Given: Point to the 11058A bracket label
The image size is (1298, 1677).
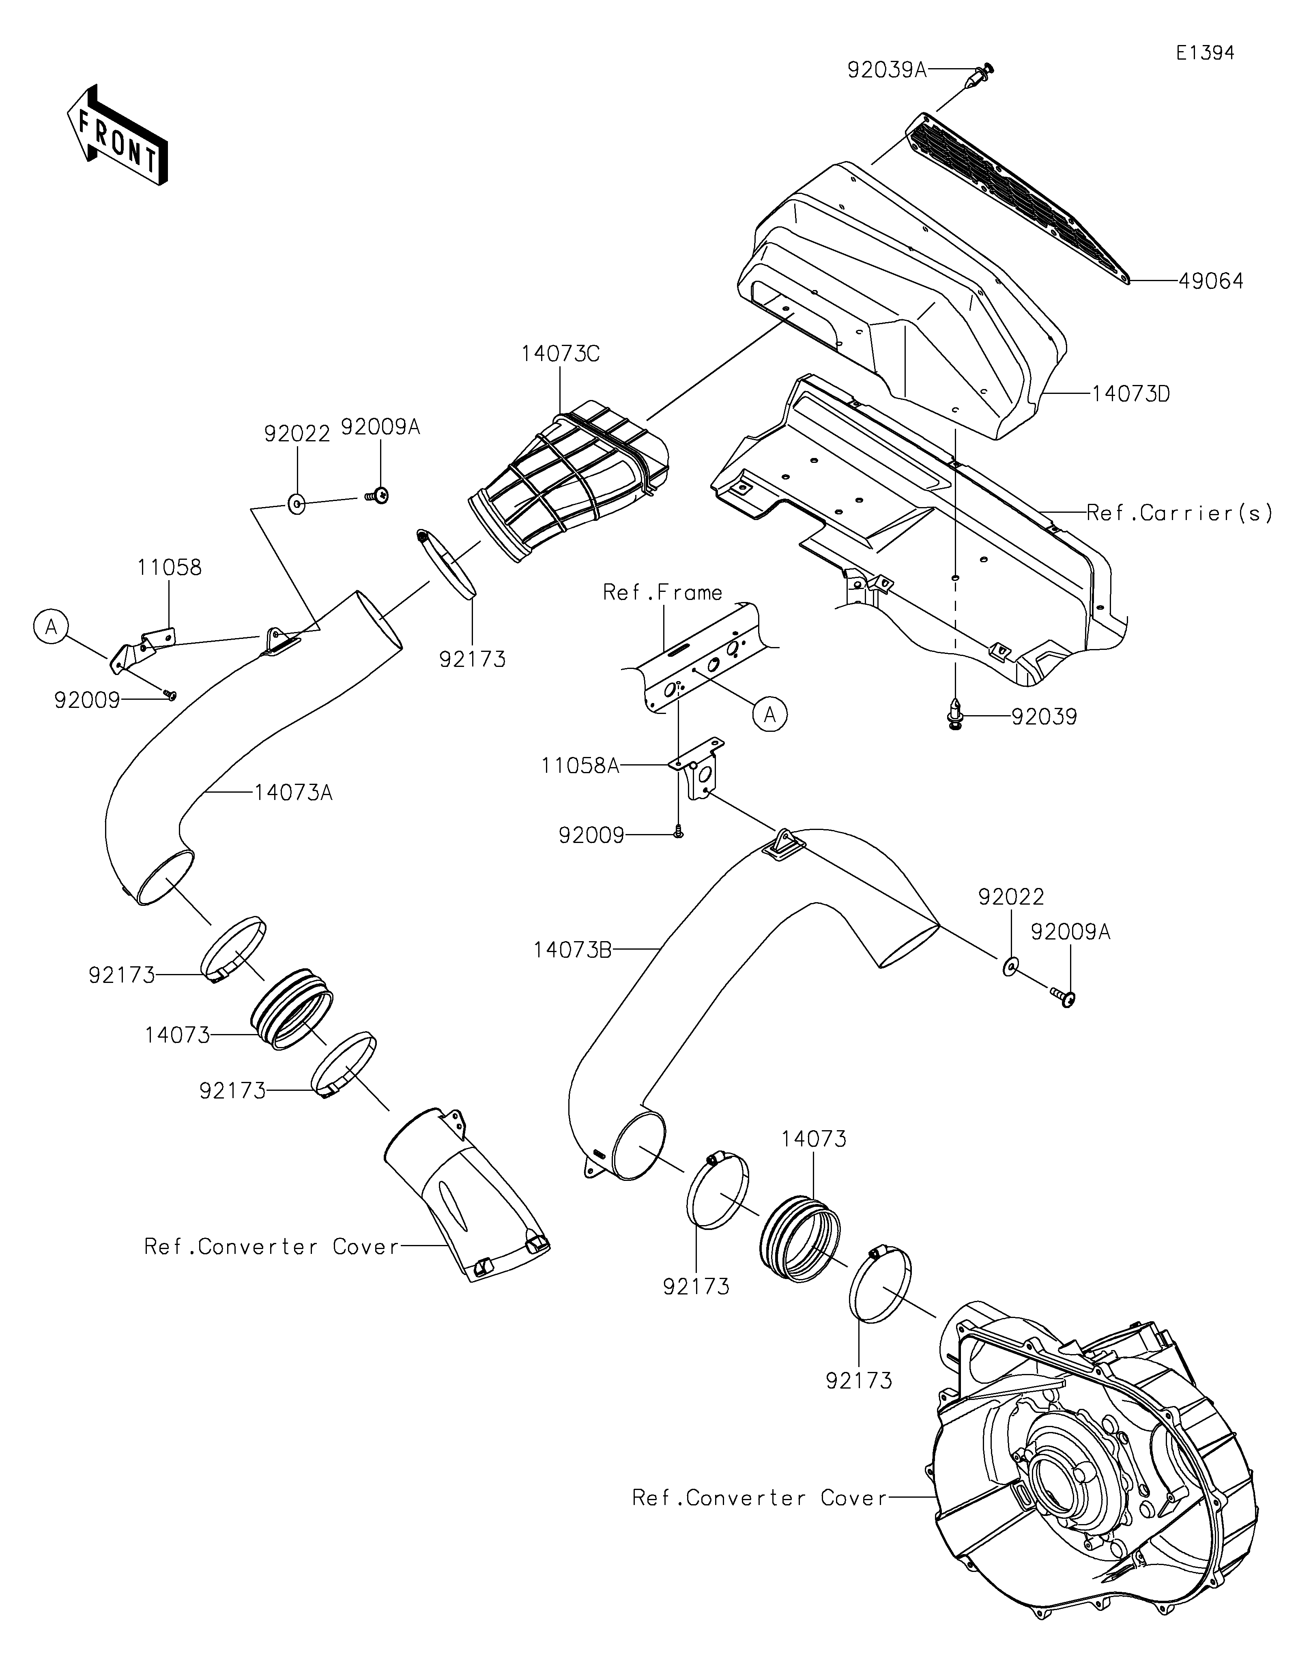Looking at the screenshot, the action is pos(580,765).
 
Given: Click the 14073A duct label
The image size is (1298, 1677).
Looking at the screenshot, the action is pos(293,792).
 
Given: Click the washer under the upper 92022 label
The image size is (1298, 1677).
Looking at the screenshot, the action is pos(297,505).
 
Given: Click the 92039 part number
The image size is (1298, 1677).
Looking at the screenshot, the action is pos(1044,717).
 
